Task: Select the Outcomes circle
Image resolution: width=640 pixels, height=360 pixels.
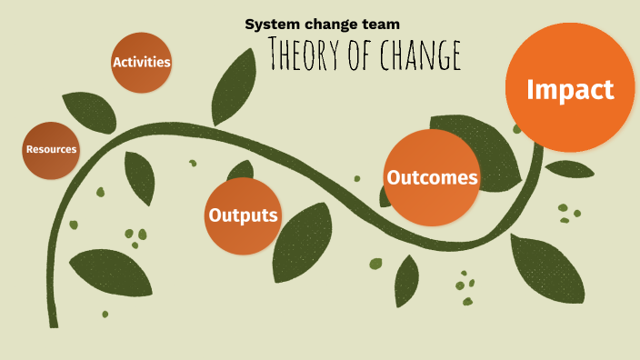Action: (432, 177)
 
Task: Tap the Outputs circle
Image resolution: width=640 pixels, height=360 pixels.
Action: (243, 215)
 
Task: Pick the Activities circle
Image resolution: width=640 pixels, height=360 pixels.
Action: (142, 62)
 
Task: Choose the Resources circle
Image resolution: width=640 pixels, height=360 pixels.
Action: (52, 149)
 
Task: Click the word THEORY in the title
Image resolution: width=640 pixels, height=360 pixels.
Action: (305, 55)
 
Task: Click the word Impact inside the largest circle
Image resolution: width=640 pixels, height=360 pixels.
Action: (570, 89)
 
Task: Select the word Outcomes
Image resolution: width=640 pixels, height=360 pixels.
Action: (432, 177)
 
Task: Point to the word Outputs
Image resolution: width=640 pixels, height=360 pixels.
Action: (243, 215)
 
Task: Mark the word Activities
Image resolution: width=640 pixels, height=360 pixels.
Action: (142, 62)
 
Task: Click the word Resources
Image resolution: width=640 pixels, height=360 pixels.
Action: (52, 149)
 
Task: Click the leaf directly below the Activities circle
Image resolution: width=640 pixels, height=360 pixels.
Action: (139, 177)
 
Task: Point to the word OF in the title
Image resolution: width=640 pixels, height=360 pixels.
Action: (356, 55)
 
